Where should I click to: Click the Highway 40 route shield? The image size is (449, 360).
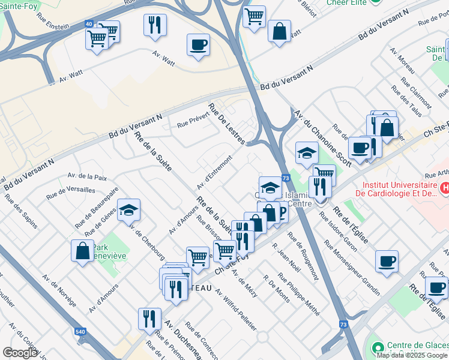pos(89,24)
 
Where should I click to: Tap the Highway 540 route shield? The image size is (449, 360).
pos(80,331)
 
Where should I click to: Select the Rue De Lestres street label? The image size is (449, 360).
pos(226,123)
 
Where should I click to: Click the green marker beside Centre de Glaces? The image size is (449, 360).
pos(377,347)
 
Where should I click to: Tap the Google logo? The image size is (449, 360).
pos(20,353)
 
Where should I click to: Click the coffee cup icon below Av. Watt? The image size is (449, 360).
pos(198,44)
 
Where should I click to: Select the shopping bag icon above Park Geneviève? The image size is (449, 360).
pos(83,252)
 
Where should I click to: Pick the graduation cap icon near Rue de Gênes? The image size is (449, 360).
pos(128,211)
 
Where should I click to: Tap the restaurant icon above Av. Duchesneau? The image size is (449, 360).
pos(149,319)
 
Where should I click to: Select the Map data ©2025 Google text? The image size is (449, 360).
pos(412,355)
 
